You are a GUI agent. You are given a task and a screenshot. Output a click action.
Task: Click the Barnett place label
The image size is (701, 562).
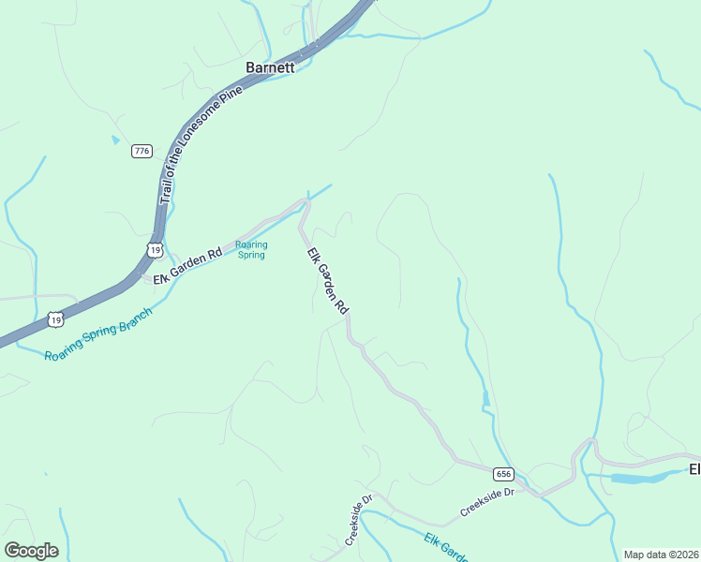[x=270, y=67]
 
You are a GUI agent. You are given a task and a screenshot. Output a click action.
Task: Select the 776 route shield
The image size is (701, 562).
[x=142, y=152]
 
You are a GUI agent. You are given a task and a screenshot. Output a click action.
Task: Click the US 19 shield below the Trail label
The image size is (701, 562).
[x=155, y=250]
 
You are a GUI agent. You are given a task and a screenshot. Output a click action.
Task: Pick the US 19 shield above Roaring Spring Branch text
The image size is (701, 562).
[x=56, y=320]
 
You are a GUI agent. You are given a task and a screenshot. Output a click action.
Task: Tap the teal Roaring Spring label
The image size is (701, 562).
[x=251, y=249]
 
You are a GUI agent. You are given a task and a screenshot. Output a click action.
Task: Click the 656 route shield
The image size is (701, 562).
[x=504, y=474]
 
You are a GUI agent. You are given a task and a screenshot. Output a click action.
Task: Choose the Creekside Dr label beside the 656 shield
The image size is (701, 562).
[x=487, y=503]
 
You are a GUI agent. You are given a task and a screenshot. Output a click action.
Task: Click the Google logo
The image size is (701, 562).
[x=31, y=551]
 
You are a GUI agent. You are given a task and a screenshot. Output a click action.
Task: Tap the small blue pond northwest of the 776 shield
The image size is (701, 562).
[x=115, y=140]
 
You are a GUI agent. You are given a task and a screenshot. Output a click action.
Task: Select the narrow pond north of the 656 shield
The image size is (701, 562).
[x=485, y=400]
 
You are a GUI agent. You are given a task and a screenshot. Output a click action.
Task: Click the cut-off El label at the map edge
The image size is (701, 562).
[x=694, y=468]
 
